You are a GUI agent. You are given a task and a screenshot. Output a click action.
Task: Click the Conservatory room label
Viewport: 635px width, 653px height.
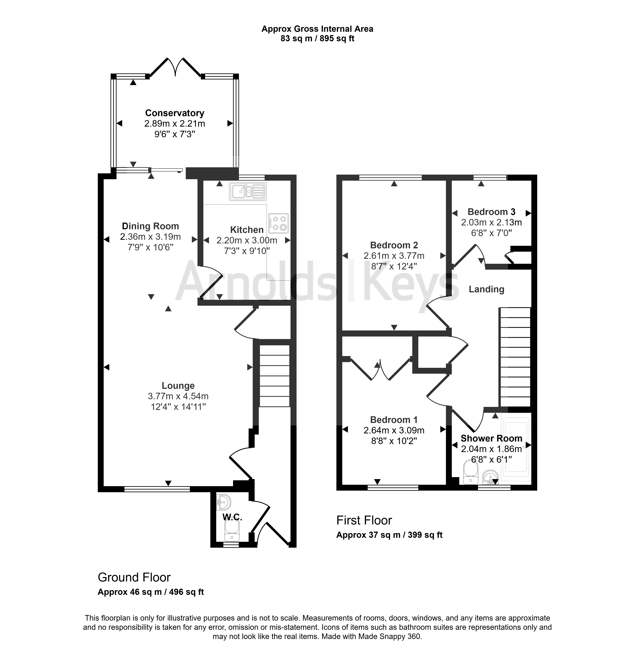click(174, 113)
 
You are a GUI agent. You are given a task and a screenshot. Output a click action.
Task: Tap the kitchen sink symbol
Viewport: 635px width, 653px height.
click(247, 191)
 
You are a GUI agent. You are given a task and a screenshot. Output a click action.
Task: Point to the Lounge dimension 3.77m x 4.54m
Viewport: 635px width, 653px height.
click(178, 396)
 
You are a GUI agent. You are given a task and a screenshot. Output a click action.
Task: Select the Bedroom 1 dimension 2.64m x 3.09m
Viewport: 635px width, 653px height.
click(394, 430)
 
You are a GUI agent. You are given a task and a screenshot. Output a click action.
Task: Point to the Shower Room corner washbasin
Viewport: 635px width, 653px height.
click(490, 477)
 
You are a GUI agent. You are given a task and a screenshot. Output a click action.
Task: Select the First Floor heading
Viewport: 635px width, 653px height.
click(364, 520)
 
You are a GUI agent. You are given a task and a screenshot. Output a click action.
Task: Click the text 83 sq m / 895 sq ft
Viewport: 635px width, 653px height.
click(317, 38)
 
